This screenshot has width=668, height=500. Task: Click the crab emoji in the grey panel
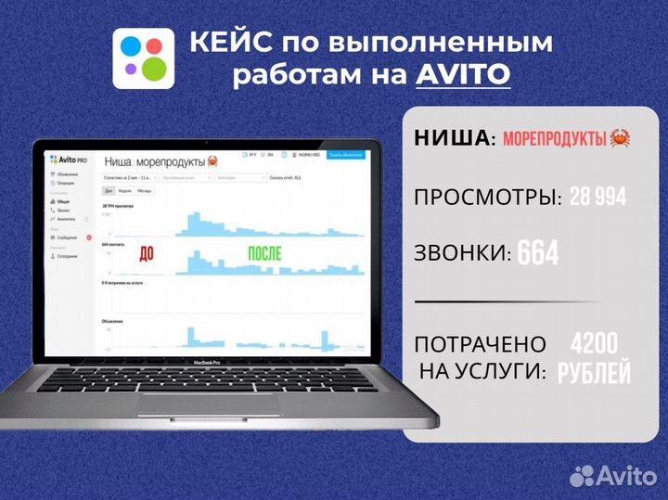621,139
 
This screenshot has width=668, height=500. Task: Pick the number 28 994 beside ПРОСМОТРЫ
598,196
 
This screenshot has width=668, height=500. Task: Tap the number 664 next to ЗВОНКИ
538,252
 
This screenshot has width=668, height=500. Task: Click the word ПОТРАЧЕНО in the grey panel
480,344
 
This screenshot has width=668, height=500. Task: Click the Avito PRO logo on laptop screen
68,160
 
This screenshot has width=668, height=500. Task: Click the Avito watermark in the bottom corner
613,475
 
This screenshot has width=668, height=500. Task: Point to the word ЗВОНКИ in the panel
461,253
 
